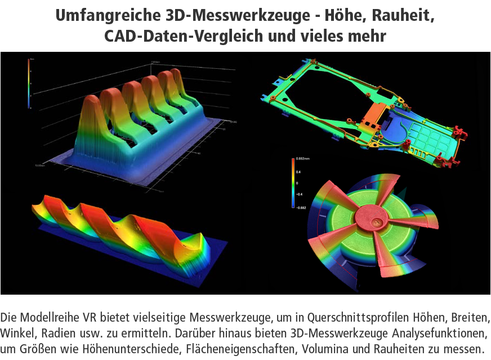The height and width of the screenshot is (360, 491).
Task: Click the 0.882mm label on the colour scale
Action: [x=302, y=160]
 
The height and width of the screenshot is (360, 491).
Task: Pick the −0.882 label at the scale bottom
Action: [x=302, y=207]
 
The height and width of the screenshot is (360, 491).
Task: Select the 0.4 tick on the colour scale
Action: [x=298, y=172]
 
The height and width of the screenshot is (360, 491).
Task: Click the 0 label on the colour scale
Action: [x=297, y=184]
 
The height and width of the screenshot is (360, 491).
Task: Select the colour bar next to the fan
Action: [x=293, y=184]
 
